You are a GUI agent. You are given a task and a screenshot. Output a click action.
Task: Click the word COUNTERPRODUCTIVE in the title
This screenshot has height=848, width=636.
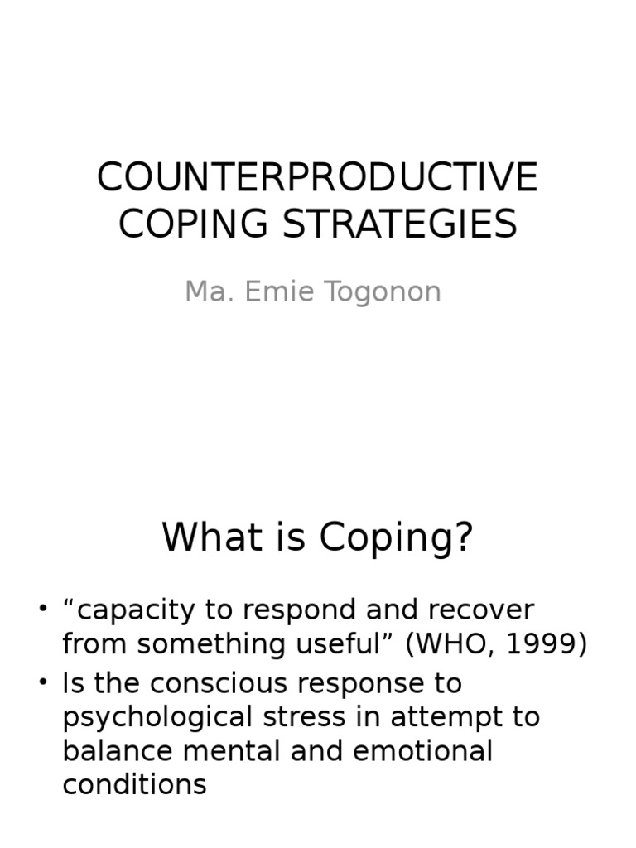point(317,177)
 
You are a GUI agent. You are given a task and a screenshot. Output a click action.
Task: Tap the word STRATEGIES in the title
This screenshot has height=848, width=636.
point(393,224)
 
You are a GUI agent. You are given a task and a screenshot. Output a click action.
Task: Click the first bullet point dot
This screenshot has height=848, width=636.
point(43,610)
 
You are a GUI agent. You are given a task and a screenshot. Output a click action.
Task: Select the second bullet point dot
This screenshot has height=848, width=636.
point(43,683)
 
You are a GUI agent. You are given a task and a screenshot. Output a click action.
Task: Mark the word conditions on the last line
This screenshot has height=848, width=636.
point(134,784)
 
